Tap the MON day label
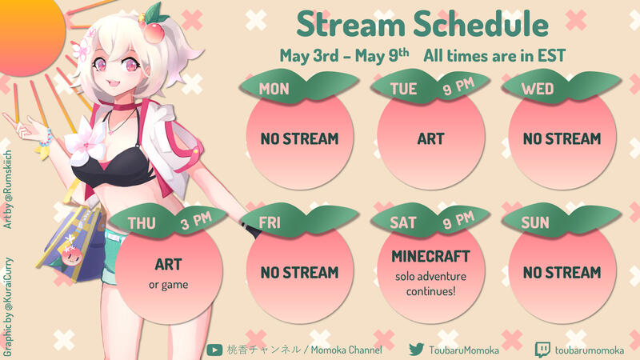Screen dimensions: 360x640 [274, 89]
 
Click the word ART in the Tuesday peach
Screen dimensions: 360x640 [430, 138]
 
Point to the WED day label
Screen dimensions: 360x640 [537, 89]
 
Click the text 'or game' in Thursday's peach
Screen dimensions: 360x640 [168, 284]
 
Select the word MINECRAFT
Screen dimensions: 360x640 [430, 258]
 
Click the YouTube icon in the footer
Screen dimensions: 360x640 [214, 349]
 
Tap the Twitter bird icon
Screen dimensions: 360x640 [416, 349]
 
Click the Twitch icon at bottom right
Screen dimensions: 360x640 [542, 349]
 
